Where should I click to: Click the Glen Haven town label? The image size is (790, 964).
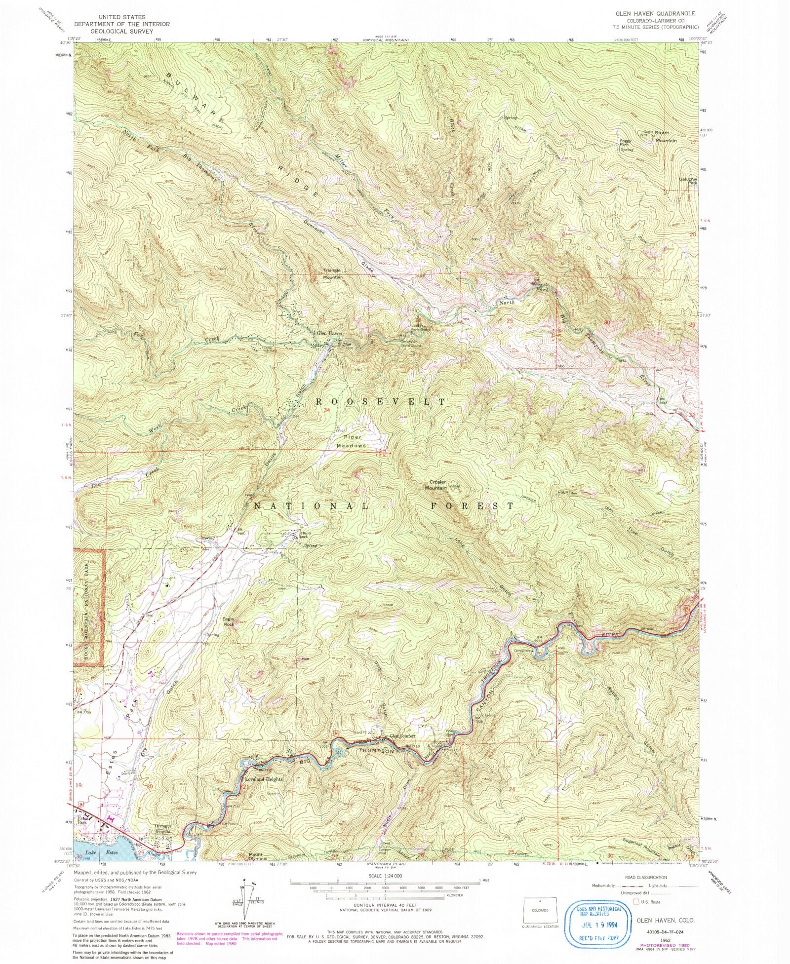(x=329, y=334)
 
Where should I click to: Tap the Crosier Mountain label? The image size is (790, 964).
(x=437, y=485)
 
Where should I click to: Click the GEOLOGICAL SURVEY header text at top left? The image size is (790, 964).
(x=121, y=31)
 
